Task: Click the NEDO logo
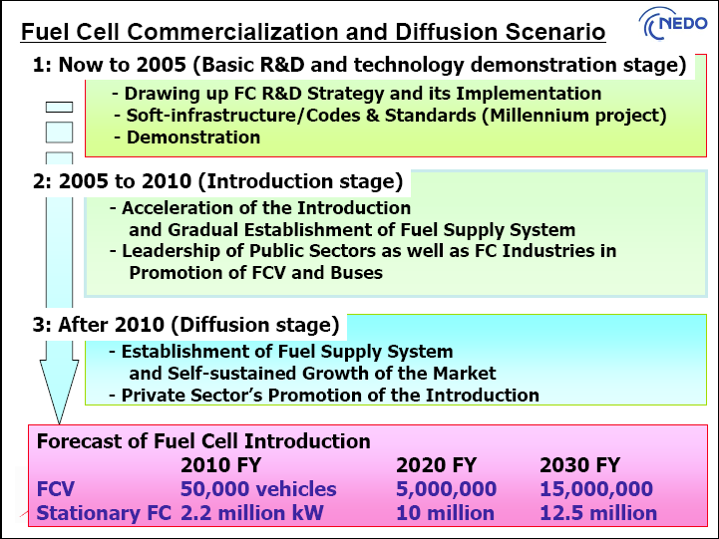point(673,23)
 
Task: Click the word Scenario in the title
point(555,32)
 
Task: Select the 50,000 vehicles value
point(258,489)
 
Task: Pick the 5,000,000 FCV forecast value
point(446,489)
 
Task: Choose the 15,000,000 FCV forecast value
point(596,489)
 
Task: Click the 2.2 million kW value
point(251,513)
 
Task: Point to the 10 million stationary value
point(445,513)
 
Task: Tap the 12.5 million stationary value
point(598,513)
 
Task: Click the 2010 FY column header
point(220,465)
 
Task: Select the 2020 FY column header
point(436,465)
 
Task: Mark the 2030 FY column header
point(579,465)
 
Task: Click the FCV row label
point(56,489)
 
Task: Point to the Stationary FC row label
point(104,513)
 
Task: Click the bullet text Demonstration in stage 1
point(193,137)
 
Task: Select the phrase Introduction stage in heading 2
point(300,181)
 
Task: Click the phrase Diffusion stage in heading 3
point(255,325)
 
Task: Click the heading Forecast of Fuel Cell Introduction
point(203,441)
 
